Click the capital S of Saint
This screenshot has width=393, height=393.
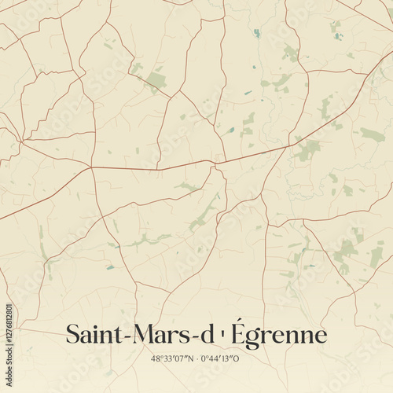click(x=72, y=335)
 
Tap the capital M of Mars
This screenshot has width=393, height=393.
click(x=137, y=335)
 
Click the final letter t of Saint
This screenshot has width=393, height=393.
click(x=111, y=335)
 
